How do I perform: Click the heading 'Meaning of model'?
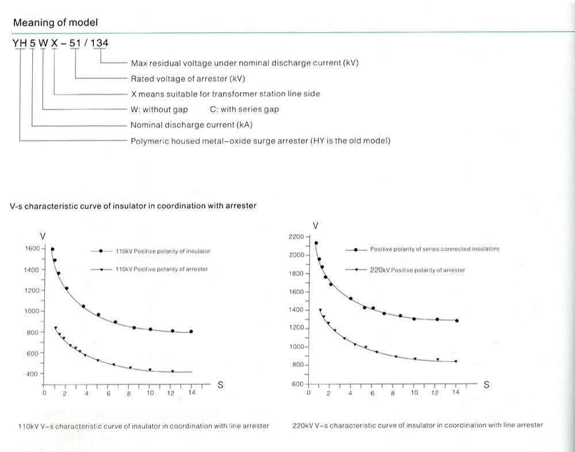click(x=55, y=23)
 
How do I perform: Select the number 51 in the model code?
click(x=75, y=44)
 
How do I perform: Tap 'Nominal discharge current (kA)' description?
click(x=191, y=125)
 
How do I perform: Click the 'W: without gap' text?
click(x=159, y=109)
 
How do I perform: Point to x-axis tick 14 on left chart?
click(x=192, y=393)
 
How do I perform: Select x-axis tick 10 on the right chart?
click(x=414, y=393)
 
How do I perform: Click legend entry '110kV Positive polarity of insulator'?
click(x=163, y=252)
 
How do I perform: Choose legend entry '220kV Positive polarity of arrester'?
click(x=428, y=270)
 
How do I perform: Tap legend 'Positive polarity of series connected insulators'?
click(x=434, y=249)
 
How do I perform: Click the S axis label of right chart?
click(x=486, y=385)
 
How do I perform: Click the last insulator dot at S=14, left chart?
click(x=191, y=331)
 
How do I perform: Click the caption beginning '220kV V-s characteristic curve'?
click(x=417, y=426)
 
